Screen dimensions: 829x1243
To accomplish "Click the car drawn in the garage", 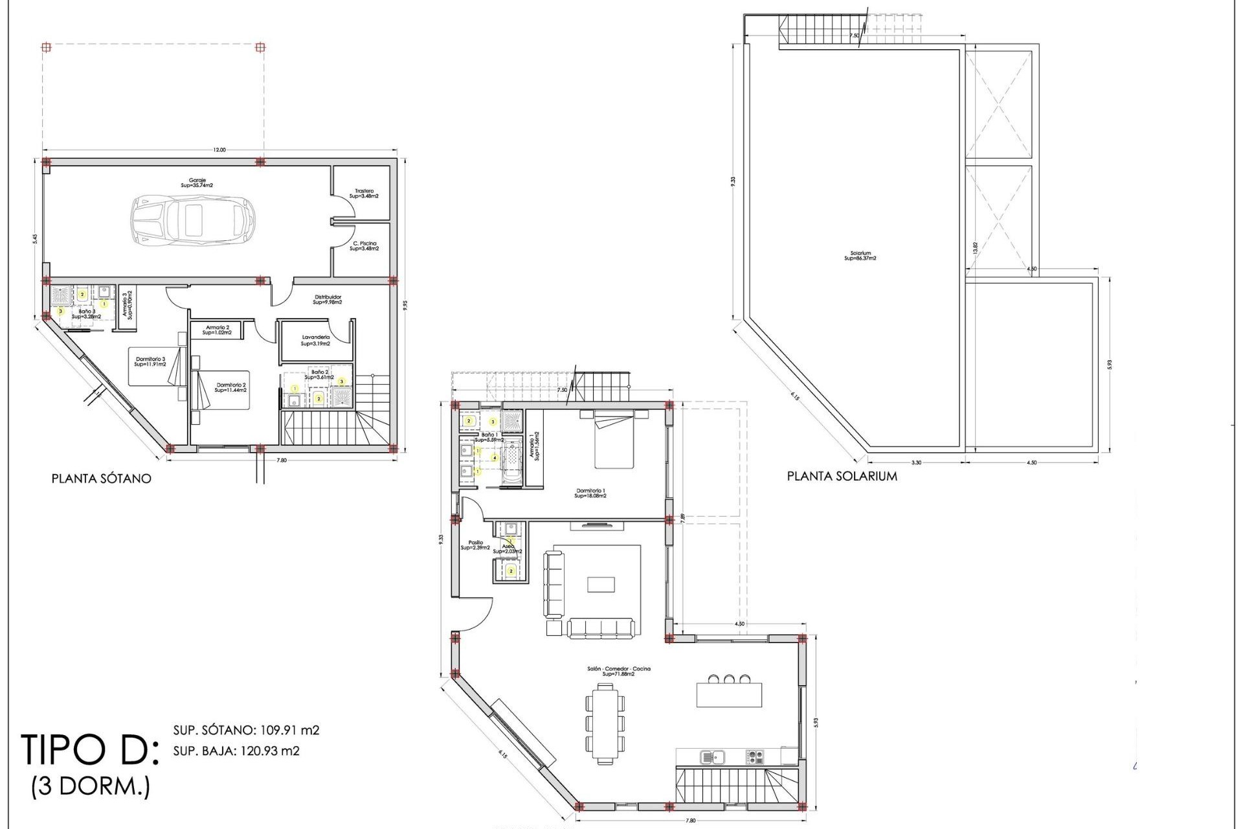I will point(193,219).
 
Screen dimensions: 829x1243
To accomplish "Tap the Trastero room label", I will point(363,193).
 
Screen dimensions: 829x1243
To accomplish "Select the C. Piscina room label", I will point(364,246).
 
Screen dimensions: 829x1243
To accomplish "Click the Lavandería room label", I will point(316,340).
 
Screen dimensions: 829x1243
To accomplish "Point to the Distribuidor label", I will point(327,299).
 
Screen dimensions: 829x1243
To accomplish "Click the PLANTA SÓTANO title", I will point(102,479).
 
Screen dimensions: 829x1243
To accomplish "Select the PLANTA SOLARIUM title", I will point(842,476).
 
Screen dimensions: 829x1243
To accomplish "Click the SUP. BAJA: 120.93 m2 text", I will point(236,751).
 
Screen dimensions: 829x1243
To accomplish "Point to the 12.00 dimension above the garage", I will point(219,150).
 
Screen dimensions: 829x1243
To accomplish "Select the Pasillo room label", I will point(475,545).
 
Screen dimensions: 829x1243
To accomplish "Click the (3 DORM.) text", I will point(91,787).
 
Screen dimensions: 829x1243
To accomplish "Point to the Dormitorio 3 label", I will point(150,361).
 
